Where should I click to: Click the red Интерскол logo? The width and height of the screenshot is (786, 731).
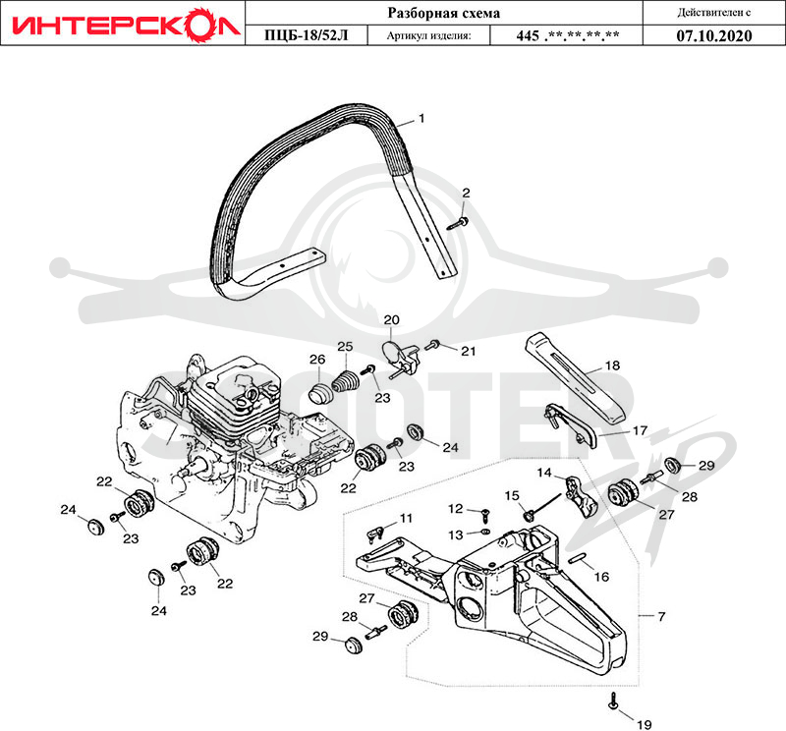point(125,24)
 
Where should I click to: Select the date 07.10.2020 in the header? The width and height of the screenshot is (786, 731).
point(714,35)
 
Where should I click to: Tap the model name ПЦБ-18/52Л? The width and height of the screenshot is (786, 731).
point(307,35)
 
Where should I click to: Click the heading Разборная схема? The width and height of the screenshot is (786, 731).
point(444,13)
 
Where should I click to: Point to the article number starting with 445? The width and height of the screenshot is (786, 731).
point(567,35)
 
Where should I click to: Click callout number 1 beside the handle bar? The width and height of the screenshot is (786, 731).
point(421,118)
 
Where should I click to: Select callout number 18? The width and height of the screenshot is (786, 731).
point(612,365)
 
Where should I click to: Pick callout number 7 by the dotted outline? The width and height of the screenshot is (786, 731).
point(661,616)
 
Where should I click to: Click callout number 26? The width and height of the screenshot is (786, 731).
point(317,360)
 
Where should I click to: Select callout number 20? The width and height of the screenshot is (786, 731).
point(391,320)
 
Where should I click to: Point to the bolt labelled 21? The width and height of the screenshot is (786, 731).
point(432,345)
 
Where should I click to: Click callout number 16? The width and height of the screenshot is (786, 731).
point(601,577)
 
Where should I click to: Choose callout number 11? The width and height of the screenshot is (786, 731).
point(406,518)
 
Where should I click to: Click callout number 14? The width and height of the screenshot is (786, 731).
point(544,473)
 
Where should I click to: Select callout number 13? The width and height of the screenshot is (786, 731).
point(455,534)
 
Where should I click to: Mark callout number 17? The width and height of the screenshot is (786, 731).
point(641,430)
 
